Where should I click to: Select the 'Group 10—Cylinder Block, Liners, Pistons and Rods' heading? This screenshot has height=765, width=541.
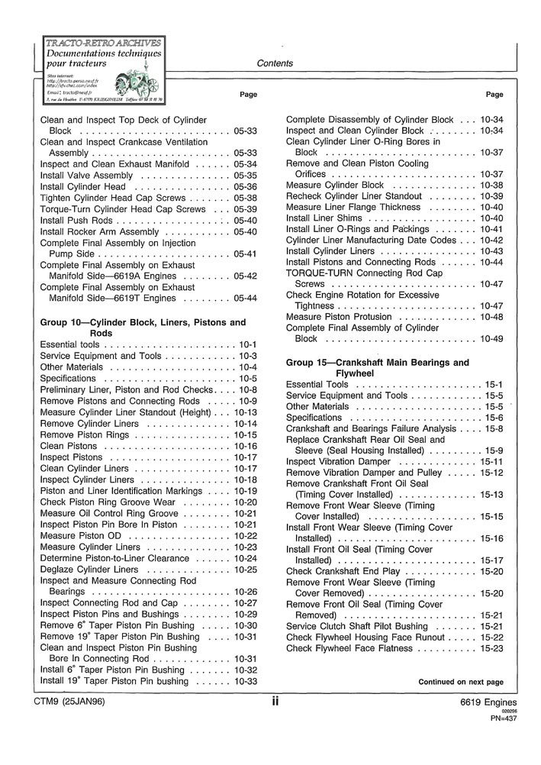point(143,328)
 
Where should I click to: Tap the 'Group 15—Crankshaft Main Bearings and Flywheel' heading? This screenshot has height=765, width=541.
point(377,368)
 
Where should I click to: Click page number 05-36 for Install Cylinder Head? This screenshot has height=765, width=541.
point(246,187)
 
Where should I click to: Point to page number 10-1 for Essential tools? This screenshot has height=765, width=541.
point(248,344)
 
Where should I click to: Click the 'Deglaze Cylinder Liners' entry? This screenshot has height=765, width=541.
point(89,570)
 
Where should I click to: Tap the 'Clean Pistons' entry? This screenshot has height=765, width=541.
point(68,446)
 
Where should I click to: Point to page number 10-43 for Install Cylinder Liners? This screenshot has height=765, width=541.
point(491,251)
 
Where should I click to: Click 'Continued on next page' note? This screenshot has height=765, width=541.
point(460,682)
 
